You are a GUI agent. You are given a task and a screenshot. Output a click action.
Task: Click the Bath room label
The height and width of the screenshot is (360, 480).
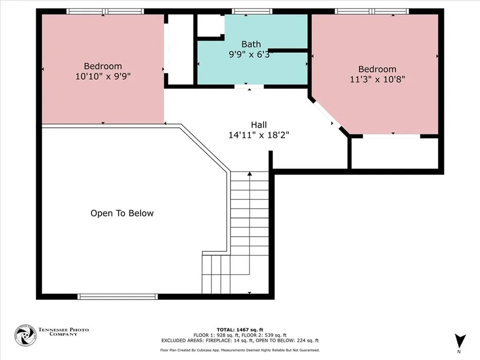pos(251,44)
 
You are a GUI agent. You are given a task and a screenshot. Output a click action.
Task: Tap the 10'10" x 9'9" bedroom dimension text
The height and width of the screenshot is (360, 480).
pos(103,76)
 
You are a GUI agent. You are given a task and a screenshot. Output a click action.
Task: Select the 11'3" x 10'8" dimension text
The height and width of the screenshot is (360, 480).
pos(377,79)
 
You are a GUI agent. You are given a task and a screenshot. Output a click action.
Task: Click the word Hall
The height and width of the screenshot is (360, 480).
pos(259,125)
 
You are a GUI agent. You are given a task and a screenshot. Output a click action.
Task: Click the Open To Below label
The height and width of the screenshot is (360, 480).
pos(122,213)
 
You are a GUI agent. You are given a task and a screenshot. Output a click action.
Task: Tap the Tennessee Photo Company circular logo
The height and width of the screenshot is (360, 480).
pos(25,335)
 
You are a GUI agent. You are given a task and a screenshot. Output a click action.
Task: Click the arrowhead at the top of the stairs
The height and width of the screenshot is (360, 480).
pos(249,174)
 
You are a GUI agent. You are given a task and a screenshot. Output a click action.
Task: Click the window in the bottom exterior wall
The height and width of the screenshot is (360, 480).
pos(117,296)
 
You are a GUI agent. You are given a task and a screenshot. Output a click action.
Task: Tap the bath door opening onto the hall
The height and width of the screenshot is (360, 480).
pos(249,87)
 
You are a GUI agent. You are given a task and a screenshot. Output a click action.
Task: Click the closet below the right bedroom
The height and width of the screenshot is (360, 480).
pos(394,153)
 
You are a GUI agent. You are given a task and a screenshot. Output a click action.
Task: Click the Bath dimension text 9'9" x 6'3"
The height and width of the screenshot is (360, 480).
pos(251,54)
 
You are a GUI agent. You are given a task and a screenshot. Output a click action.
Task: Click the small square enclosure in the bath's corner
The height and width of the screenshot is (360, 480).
pos(210,25)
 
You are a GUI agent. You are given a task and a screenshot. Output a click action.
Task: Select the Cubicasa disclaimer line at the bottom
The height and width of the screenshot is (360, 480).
pos(240,350)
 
